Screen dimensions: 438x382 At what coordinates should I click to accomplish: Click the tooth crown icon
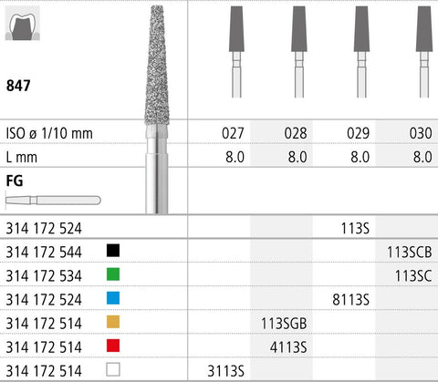[x=23, y=24]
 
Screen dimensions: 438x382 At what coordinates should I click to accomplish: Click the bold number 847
[x=18, y=86]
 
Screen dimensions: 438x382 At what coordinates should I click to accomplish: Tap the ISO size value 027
[x=233, y=133]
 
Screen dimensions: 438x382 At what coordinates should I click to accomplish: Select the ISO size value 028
[x=296, y=133]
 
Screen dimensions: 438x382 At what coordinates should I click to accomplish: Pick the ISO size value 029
[x=358, y=133]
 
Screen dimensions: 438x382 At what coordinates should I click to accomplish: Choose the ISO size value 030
[x=421, y=133]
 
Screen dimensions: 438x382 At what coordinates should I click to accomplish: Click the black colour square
[x=113, y=251]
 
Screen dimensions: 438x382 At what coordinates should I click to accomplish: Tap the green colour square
[x=113, y=274]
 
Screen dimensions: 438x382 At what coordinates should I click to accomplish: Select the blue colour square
[x=113, y=298]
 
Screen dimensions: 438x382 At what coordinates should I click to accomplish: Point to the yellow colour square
[x=113, y=322]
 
